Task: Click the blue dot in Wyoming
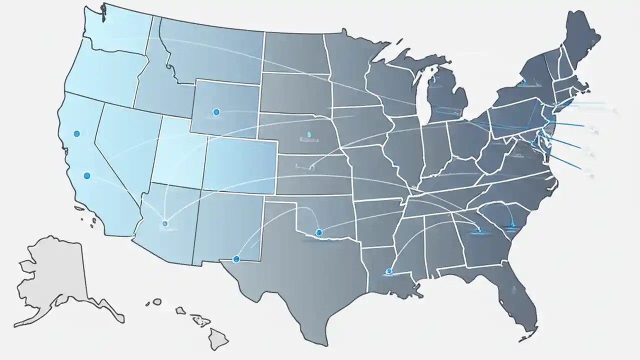[216, 112]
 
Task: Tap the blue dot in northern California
[76, 133]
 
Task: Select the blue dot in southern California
[87, 175]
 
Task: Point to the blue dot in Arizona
[165, 223]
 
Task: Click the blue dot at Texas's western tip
[236, 258]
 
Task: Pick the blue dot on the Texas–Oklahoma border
[319, 232]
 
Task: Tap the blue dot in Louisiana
[389, 271]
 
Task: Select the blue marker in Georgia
[479, 230]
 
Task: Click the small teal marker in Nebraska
[309, 134]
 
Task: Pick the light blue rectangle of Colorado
[240, 165]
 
